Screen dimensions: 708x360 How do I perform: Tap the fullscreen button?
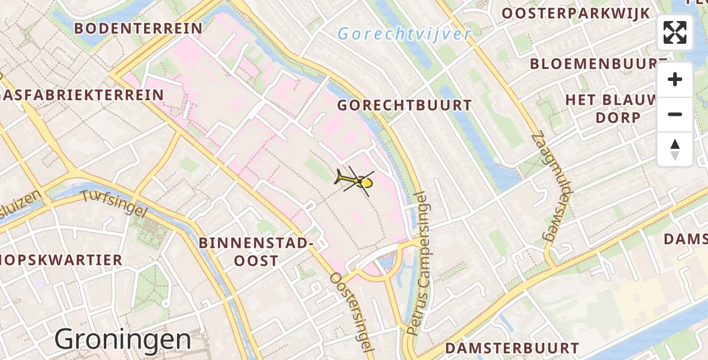[675, 32]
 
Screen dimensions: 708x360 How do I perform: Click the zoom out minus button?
[675, 114]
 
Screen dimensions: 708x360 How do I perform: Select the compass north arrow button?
[675, 149]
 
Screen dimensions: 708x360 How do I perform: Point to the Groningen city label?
[122, 340]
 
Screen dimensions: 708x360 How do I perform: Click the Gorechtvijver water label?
[404, 34]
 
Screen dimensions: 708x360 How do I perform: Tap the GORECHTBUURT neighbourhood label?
[404, 106]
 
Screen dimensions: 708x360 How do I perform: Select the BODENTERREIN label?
[138, 28]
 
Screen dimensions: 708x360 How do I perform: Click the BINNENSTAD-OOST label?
[256, 252]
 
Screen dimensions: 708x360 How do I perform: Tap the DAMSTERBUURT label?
[512, 349]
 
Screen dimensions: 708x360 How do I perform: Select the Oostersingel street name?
[351, 312]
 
